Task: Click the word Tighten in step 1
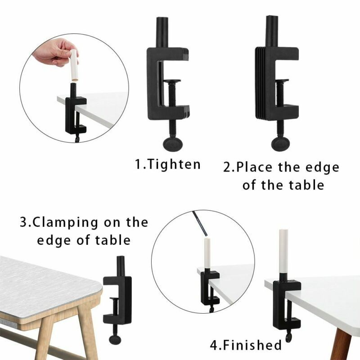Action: click(174, 165)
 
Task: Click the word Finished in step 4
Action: click(252, 345)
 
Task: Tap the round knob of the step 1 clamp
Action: click(173, 144)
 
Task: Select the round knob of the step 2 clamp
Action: click(280, 144)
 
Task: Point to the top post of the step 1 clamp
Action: click(162, 32)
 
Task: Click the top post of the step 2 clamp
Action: click(272, 31)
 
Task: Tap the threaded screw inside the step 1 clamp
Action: click(172, 95)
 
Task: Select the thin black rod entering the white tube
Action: click(200, 224)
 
